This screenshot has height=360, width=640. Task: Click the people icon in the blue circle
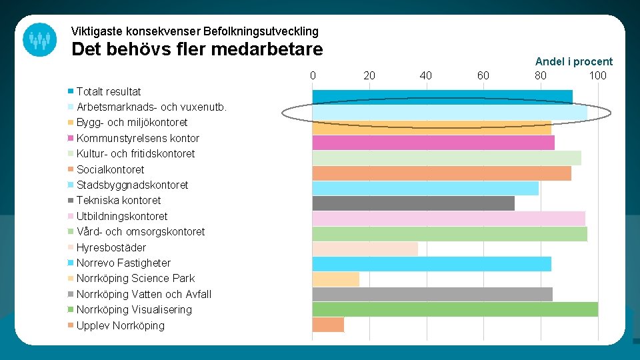pos(39,39)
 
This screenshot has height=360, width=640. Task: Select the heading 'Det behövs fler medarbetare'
pos(197,49)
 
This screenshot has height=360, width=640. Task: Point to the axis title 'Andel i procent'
pos(573,61)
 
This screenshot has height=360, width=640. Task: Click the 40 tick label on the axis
pos(425,75)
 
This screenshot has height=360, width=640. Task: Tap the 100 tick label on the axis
pos(597,75)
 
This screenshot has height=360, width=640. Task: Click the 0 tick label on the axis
pos(313,75)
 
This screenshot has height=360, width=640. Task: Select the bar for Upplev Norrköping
pos(328,325)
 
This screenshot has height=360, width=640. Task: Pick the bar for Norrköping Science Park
pos(336,279)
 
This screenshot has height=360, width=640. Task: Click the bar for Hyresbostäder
pos(365,249)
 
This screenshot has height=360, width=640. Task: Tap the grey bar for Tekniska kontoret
pos(413,203)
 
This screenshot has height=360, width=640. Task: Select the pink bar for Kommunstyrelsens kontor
pos(433,143)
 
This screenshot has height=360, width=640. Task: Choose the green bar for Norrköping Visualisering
pos(455,309)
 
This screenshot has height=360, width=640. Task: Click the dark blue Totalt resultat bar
pos(442,97)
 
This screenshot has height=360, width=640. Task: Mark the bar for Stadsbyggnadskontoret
pos(425,188)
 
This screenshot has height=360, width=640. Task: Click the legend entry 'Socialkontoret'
pos(110,169)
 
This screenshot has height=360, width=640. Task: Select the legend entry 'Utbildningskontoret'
pos(122,216)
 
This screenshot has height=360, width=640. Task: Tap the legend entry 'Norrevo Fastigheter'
pos(123,263)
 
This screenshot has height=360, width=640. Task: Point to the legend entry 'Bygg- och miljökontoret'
pos(132,123)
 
